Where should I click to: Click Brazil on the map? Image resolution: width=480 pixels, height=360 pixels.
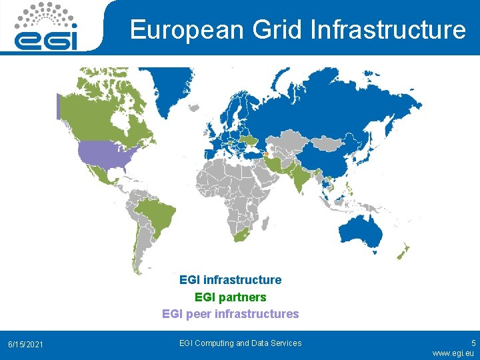tap(157, 213)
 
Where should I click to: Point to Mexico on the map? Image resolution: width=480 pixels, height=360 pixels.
tap(99, 175)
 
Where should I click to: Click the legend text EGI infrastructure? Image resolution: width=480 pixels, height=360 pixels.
tap(231, 280)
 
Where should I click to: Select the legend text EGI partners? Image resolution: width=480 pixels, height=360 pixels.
tap(231, 297)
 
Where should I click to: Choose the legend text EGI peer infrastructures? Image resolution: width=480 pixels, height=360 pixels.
tap(231, 314)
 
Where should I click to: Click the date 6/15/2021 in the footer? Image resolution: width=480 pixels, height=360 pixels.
tap(25, 345)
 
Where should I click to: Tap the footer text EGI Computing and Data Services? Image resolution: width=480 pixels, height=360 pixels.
tap(241, 343)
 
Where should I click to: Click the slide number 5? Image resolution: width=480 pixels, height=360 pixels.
tap(473, 341)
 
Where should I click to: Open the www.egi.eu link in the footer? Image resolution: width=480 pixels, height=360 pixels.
tap(453, 353)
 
